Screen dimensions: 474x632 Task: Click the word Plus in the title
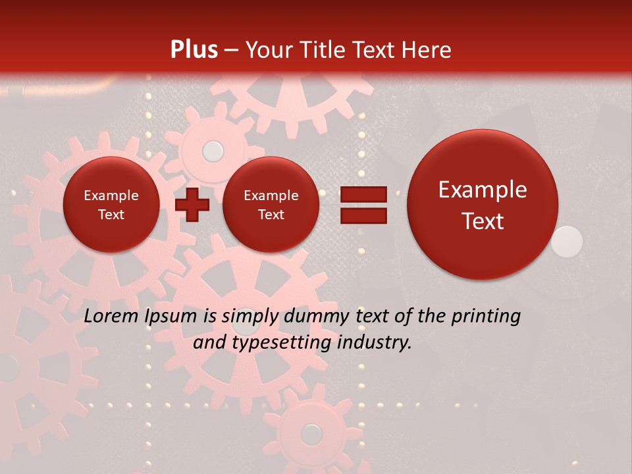[194, 50]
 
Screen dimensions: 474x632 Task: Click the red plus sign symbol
[192, 205]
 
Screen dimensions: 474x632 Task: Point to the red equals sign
[363, 205]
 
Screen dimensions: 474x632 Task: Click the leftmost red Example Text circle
[111, 205]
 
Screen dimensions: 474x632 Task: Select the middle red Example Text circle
[271, 205]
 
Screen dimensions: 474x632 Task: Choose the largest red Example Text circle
[483, 205]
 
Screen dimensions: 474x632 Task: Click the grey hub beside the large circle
[567, 241]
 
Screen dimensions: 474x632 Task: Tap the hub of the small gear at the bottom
[311, 433]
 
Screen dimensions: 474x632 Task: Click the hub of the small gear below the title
[213, 151]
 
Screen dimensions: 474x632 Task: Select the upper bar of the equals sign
[363, 195]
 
